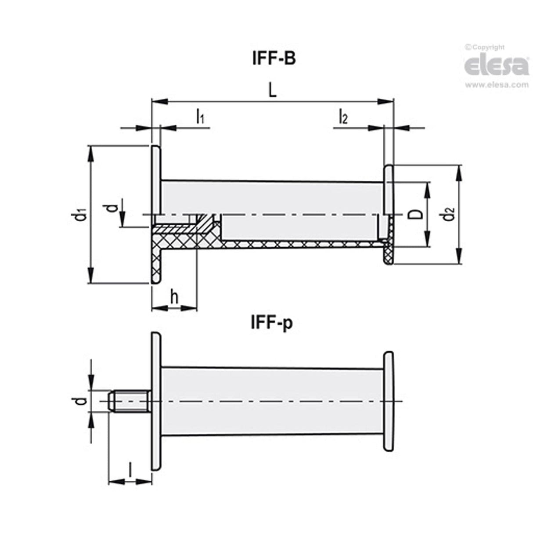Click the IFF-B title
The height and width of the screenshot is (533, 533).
pyautogui.click(x=273, y=59)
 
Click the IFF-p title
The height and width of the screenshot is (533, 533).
pyautogui.click(x=271, y=323)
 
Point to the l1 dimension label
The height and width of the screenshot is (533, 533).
pyautogui.click(x=200, y=116)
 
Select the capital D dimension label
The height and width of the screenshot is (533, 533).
pyautogui.click(x=418, y=214)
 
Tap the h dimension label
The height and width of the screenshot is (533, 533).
pyautogui.click(x=174, y=298)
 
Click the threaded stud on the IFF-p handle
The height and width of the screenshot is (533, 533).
pyautogui.click(x=130, y=401)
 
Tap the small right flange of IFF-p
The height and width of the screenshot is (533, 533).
pyautogui.click(x=389, y=401)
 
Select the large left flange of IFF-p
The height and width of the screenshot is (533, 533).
pyautogui.click(x=156, y=401)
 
